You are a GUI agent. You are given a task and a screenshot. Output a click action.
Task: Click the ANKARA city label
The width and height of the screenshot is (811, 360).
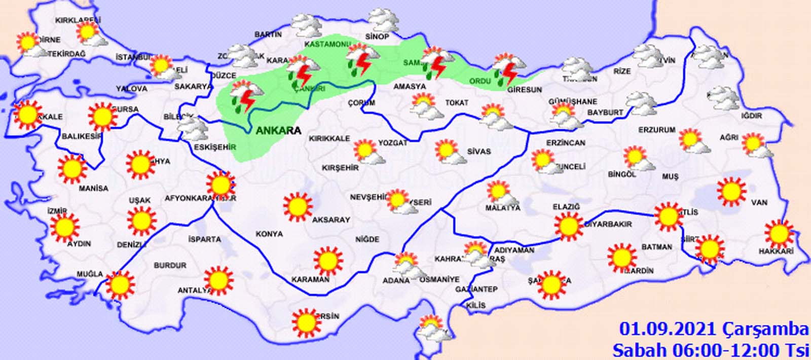pyautogui.click(x=278, y=130)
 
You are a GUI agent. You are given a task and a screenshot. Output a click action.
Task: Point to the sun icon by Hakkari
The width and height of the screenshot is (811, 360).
pyautogui.click(x=779, y=234)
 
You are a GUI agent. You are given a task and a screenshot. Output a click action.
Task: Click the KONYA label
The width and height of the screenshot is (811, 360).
pyautogui.click(x=269, y=234)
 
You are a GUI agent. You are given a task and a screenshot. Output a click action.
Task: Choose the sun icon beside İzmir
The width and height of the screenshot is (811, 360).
pyautogui.click(x=64, y=228)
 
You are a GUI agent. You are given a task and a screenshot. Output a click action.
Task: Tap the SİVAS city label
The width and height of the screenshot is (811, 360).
pyautogui.click(x=478, y=151)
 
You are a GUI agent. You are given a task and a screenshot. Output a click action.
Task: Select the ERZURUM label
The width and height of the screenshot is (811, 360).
pyautogui.click(x=656, y=130)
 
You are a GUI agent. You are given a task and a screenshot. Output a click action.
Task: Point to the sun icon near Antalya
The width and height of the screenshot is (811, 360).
pyautogui.click(x=218, y=280)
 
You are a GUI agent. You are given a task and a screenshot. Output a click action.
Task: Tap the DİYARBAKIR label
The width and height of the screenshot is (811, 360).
pyautogui.click(x=608, y=224)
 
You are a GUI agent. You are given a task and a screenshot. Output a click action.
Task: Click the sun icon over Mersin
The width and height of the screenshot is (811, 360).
pyautogui.click(x=306, y=322)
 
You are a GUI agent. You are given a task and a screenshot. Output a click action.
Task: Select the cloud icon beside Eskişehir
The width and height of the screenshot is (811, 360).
pyautogui.click(x=193, y=129)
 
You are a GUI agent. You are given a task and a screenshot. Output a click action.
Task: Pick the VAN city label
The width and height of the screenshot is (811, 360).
pyautogui.click(x=759, y=202)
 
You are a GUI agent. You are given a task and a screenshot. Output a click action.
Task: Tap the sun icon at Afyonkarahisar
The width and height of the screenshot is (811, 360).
pyautogui.click(x=220, y=185)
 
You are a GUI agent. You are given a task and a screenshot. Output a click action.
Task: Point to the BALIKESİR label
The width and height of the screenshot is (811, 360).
pyautogui.click(x=82, y=136)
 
